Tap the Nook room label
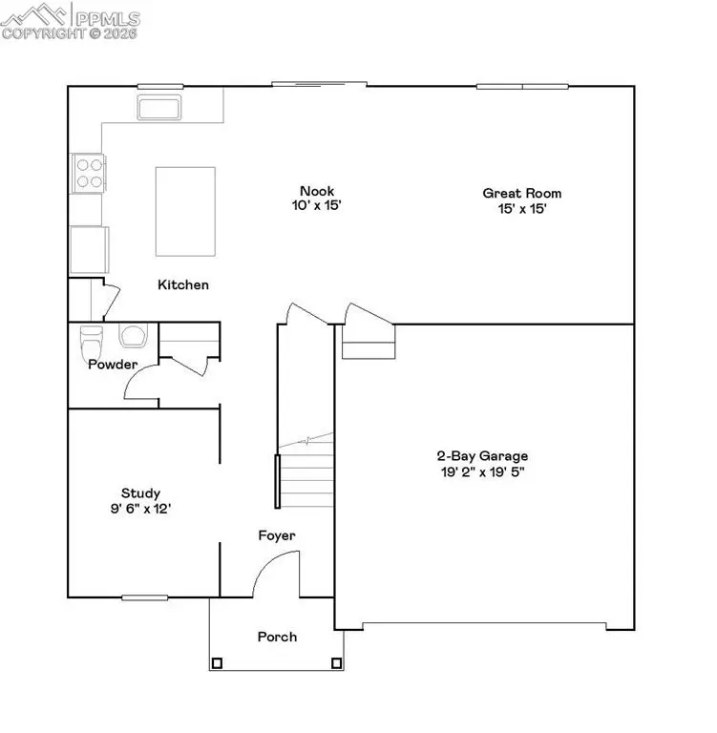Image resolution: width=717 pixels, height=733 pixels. point(317,191)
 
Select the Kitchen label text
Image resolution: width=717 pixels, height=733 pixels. point(183,284)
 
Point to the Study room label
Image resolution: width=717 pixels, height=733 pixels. point(140,493)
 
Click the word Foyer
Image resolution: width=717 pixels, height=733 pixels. point(277,535)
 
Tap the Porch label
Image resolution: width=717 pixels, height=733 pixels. point(277,637)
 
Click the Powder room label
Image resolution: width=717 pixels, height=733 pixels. point(113,365)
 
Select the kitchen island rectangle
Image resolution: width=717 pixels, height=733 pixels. point(185,211)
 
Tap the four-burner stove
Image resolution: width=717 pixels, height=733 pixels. point(89,173)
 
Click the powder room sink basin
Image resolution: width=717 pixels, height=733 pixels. point(133,335)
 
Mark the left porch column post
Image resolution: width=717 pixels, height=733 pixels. point(217,662)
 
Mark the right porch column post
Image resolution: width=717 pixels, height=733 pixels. point(335,662)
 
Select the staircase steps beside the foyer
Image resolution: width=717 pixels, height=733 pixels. point(306,472)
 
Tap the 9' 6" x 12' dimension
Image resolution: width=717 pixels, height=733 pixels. point(140,509)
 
